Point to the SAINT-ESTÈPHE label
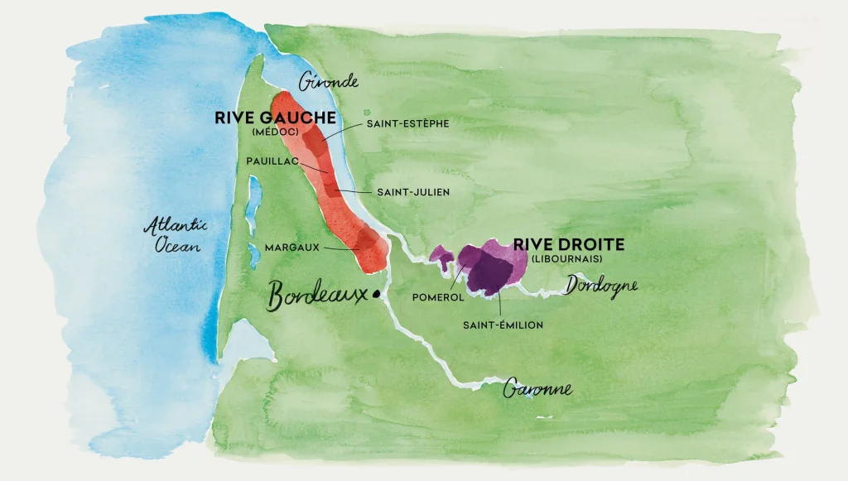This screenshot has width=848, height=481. point(407,124)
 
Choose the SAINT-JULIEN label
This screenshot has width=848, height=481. point(413,192)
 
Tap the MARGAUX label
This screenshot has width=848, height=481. point(291,247)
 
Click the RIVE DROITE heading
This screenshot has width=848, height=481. point(568,245)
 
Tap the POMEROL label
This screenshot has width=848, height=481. point(432,296)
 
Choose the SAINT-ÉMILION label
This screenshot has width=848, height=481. point(503,325)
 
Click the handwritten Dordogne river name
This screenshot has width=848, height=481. point(603,286)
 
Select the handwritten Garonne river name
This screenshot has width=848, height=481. point(538,388)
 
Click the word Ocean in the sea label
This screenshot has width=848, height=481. point(174,246)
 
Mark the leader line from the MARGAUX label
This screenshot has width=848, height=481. point(341,248)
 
